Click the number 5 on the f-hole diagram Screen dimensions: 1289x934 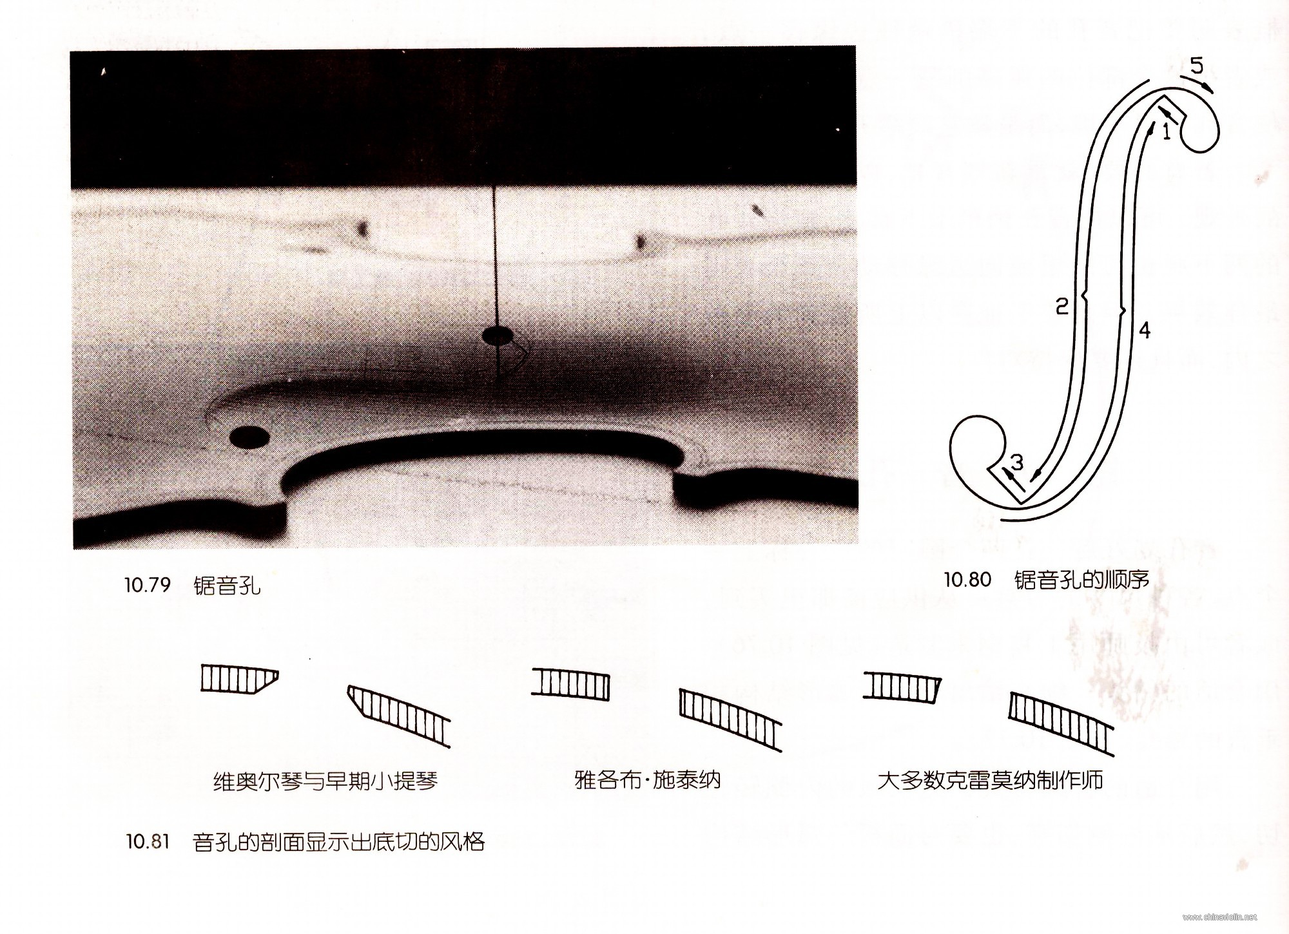[x=1196, y=66]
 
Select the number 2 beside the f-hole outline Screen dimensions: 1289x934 [x=1061, y=306]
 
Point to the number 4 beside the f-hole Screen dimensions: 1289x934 [x=1144, y=330]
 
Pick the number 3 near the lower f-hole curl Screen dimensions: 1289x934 [x=1016, y=461]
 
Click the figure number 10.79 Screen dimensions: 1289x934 [x=148, y=585]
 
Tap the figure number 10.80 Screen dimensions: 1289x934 [x=967, y=580]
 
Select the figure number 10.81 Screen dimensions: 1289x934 [x=148, y=841]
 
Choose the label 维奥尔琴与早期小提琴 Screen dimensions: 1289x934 [x=325, y=781]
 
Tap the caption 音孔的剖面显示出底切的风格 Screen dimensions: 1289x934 [x=338, y=841]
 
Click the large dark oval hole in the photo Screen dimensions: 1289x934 [x=249, y=437]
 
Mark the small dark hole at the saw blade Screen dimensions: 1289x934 [x=497, y=335]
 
